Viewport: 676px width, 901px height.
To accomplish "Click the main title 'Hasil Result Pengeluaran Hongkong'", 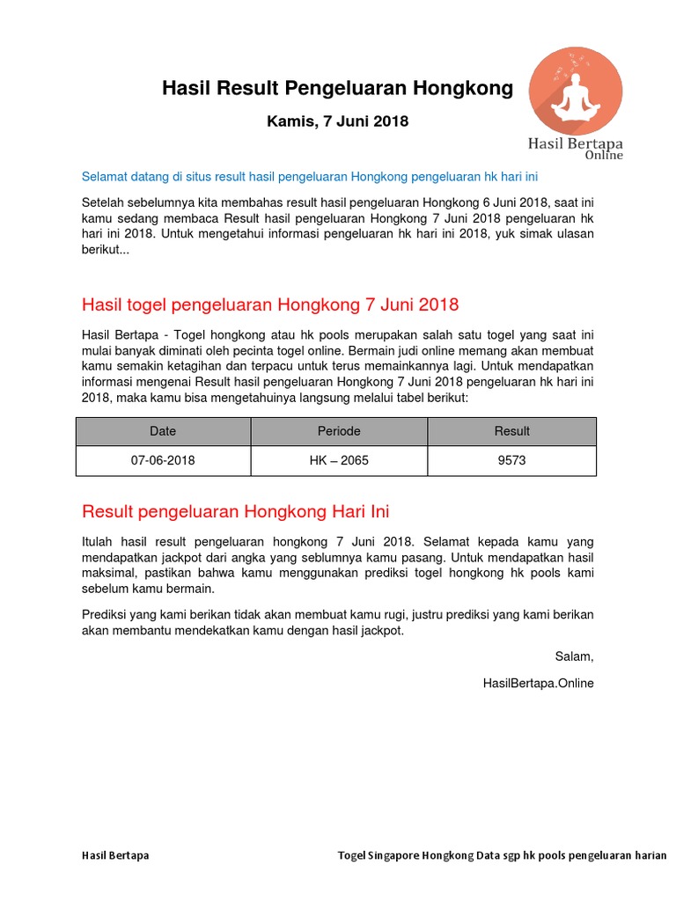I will (x=337, y=88).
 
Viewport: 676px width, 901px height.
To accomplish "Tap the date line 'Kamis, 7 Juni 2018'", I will (x=337, y=121).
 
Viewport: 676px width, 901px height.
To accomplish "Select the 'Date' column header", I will (x=163, y=431).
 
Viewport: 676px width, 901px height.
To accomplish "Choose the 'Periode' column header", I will (x=339, y=431).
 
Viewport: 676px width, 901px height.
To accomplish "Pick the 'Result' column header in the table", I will (x=512, y=431).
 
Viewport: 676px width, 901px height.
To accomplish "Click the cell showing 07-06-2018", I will (x=163, y=460).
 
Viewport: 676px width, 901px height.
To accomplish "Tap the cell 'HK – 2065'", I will (x=339, y=460).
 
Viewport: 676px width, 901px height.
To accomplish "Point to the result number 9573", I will (x=512, y=460).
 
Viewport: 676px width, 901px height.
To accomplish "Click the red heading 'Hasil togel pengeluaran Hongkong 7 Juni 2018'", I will (x=270, y=305).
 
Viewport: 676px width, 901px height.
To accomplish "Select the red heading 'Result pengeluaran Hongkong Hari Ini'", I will (x=235, y=511).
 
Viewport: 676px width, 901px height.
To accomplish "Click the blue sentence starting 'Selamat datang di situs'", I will (x=309, y=177).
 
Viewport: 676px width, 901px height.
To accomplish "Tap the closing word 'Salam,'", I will (x=574, y=656).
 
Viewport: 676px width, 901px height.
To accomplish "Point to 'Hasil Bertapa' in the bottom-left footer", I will (x=115, y=855).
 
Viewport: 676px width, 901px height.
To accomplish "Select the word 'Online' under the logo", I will (x=604, y=156).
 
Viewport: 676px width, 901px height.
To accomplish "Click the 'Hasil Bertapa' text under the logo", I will (x=575, y=143).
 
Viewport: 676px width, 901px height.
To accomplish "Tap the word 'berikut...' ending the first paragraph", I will (x=106, y=249).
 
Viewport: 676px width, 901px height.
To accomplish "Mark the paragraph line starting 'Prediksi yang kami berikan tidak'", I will (x=337, y=614).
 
